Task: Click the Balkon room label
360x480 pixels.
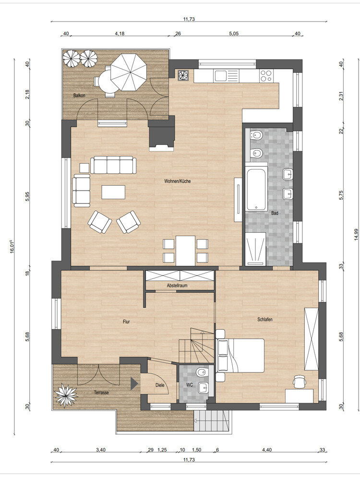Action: click(79, 96)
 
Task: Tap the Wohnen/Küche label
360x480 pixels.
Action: click(178, 181)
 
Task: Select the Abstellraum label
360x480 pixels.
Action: click(177, 286)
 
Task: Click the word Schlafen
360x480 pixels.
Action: click(265, 320)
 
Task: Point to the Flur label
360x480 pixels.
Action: click(126, 322)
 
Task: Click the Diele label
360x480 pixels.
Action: click(160, 385)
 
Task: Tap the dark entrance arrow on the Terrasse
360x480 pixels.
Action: click(134, 384)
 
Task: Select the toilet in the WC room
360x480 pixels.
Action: click(202, 372)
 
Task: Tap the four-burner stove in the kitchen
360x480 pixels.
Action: click(266, 76)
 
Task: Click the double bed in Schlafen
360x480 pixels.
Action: click(240, 355)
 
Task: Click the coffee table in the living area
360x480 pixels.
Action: click(113, 192)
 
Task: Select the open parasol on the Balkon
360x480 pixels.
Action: click(128, 72)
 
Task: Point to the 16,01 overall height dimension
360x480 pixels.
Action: click(12, 246)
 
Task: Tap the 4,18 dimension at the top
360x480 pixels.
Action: click(120, 34)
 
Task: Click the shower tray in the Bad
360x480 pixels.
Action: click(256, 248)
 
